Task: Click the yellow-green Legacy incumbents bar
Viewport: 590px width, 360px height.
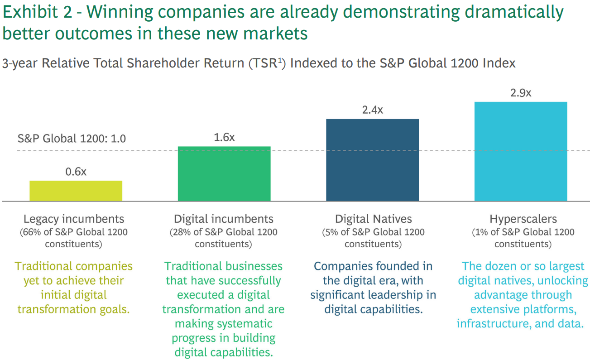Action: [x=76, y=191]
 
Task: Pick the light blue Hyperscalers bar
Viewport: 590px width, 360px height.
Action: [x=521, y=151]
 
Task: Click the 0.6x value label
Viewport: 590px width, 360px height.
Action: [x=76, y=172]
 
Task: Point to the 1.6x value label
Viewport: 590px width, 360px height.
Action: [x=224, y=137]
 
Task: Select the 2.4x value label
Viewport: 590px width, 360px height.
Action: [x=372, y=110]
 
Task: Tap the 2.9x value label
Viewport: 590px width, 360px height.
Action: [x=521, y=93]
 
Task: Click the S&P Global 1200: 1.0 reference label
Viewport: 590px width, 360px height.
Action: [x=72, y=138]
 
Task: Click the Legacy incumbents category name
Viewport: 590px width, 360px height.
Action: [x=74, y=219]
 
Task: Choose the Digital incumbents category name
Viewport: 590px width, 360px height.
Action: [x=224, y=219]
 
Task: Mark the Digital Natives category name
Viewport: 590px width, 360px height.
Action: [x=374, y=219]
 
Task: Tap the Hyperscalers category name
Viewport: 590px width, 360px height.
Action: [x=523, y=219]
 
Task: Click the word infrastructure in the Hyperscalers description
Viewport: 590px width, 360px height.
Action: [x=488, y=324]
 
